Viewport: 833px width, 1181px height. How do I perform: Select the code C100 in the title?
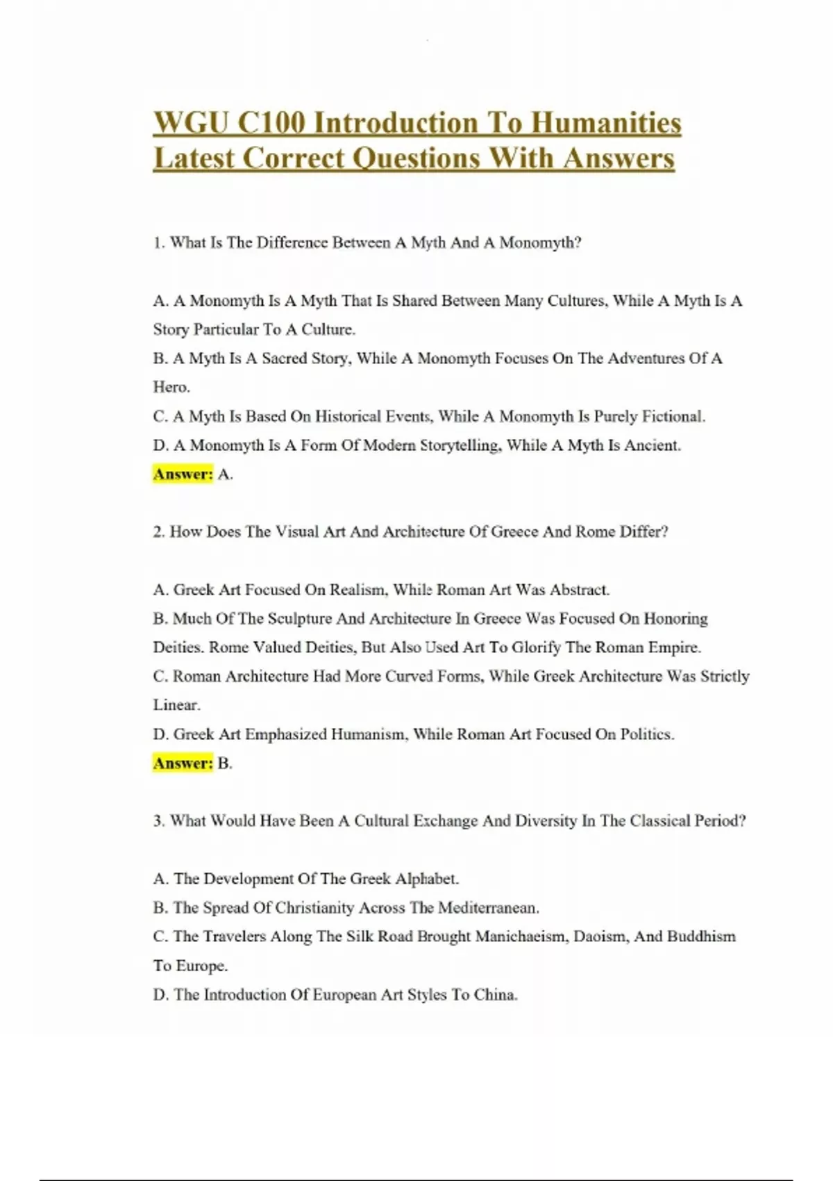click(x=271, y=124)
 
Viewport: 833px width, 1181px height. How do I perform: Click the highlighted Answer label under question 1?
click(x=183, y=474)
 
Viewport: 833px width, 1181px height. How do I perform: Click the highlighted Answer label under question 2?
click(x=183, y=763)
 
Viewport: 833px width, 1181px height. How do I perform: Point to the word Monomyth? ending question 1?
click(x=540, y=242)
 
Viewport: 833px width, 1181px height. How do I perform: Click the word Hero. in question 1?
click(x=171, y=387)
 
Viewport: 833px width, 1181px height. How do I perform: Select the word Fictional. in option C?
click(x=673, y=416)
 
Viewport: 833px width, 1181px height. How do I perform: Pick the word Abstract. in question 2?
click(x=580, y=590)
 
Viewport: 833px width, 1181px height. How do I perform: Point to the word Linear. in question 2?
click(x=176, y=705)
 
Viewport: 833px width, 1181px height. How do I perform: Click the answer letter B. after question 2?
click(x=225, y=763)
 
